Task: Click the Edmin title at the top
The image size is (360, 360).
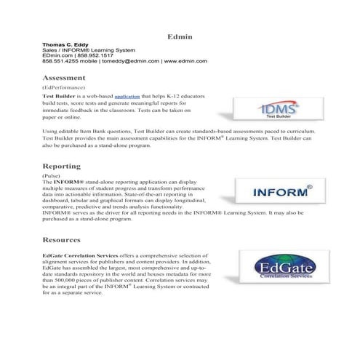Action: click(x=179, y=36)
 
